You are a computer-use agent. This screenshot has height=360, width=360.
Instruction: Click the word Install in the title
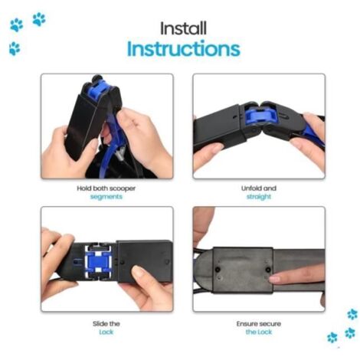point(183,28)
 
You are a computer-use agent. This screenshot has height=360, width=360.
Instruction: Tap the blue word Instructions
point(184,48)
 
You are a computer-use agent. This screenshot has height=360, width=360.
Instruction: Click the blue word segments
point(106,197)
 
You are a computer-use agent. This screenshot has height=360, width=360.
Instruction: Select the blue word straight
point(259,197)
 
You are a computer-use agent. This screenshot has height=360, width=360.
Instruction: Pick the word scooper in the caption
point(123,188)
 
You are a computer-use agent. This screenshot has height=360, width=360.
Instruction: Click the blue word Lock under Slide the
point(106,332)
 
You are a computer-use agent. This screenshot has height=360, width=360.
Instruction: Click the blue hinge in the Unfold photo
point(256,116)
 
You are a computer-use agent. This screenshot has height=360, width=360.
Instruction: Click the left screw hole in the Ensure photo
point(218,270)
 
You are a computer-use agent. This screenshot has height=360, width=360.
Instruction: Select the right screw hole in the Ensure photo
point(268,270)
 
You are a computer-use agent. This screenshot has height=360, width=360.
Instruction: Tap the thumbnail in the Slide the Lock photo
point(138,272)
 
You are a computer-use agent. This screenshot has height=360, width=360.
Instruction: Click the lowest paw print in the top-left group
point(15,48)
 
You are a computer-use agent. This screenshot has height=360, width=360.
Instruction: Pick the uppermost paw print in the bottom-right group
point(352,314)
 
